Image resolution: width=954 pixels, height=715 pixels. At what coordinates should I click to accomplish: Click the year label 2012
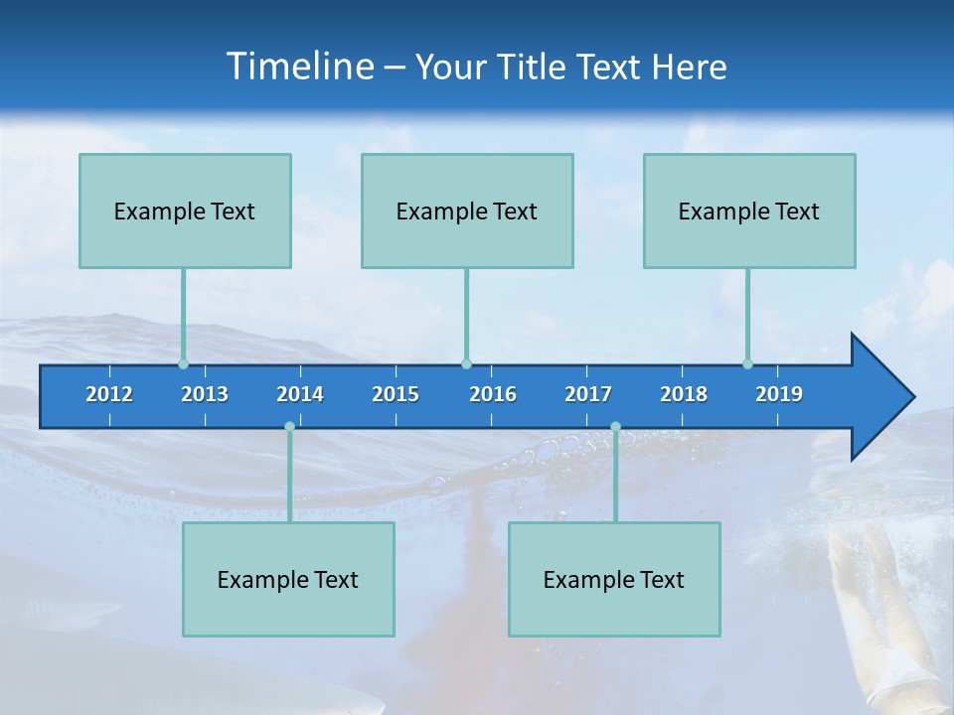pos(109,394)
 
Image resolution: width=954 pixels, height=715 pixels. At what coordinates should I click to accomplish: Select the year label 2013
pos(205,394)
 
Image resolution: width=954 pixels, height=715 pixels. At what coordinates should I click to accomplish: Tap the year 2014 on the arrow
pos(300,394)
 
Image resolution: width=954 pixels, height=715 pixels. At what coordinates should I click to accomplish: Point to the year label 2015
pos(396,394)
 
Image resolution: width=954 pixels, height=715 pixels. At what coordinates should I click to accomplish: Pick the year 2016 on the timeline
pos(493,394)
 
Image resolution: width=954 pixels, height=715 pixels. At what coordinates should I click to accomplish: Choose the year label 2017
pos(588,394)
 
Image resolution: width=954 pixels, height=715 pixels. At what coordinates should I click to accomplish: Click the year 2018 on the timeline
pos(684,394)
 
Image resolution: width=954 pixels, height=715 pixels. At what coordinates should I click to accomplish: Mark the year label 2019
pos(779,394)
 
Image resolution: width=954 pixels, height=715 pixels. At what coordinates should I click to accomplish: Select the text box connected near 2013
pos(185,211)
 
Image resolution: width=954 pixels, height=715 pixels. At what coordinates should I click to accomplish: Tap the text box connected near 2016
pos(467,211)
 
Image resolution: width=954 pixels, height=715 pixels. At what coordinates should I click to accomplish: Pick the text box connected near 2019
pos(749,211)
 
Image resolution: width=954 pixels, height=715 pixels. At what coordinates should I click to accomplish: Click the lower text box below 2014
pos(288,579)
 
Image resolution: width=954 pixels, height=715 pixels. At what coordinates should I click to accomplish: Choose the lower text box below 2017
pos(614,579)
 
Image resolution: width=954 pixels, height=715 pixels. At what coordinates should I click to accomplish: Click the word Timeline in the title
pos(298,67)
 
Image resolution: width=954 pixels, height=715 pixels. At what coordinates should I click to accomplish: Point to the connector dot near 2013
pos(183,364)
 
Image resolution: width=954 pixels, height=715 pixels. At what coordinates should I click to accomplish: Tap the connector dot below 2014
pos(289,427)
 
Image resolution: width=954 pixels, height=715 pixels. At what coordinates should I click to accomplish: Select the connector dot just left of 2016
pos(466,364)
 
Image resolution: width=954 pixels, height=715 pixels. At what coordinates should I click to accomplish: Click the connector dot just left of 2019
pos(747,364)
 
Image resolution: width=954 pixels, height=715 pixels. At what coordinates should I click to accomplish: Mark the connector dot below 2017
pos(615,427)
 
